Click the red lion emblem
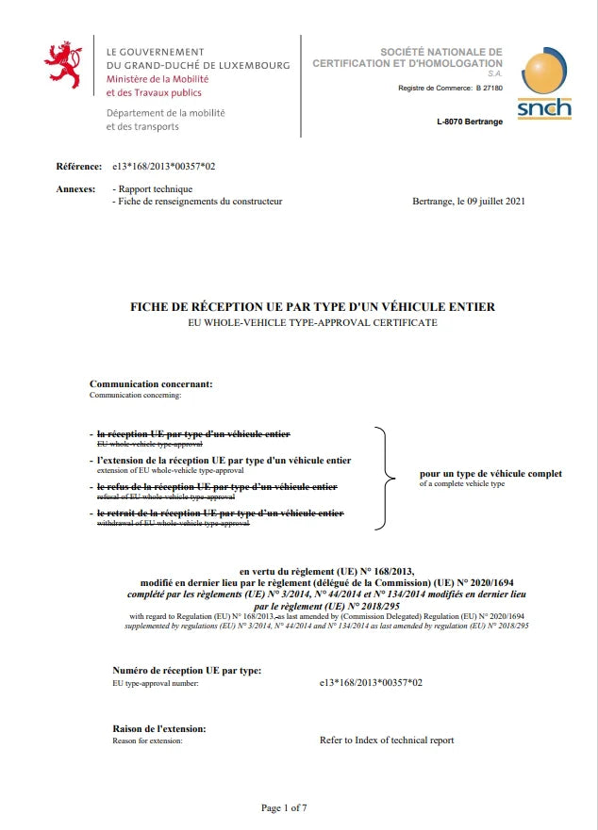click(64, 64)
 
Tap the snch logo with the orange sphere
click(544, 85)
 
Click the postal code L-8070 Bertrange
click(470, 122)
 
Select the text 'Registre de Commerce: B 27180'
click(451, 88)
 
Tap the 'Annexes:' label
click(76, 189)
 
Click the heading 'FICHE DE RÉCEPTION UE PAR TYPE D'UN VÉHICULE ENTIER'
click(312, 307)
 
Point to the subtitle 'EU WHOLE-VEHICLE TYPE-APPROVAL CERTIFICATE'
click(312, 322)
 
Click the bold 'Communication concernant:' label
click(151, 384)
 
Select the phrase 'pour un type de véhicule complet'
click(490, 473)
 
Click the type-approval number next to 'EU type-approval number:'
click(372, 682)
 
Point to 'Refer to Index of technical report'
click(387, 740)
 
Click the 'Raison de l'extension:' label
click(159, 728)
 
